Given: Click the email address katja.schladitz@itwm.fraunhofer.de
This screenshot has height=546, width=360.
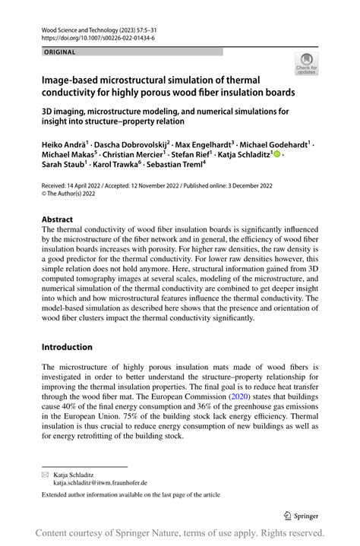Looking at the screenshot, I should pos(100,481).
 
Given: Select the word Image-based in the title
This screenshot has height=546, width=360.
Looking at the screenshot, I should pos(74,80).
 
